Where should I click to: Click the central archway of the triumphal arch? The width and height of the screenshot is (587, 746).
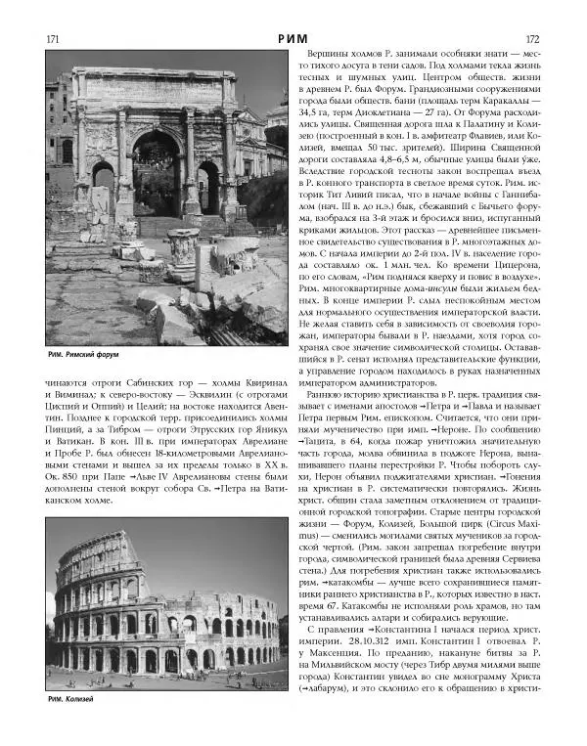(157, 171)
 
